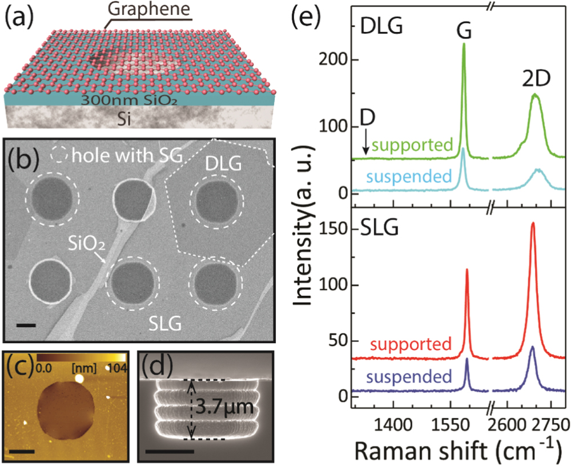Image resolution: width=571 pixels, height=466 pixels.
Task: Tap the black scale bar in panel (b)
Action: pos(27,326)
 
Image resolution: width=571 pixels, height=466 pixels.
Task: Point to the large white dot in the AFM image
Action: pos(79,378)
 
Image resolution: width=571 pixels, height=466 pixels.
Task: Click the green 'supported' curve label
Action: pos(412,144)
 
